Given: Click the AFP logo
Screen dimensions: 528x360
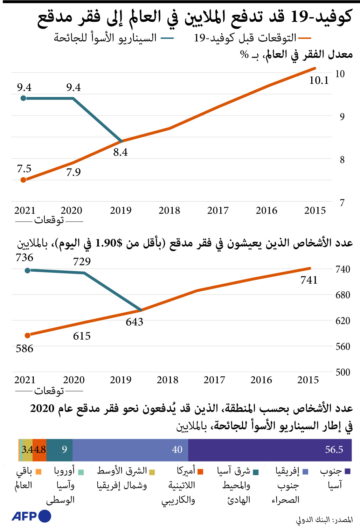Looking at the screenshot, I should point(31,516).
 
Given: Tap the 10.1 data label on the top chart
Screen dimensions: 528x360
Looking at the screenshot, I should point(319,81).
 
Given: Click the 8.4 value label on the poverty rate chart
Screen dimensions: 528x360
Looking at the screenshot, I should point(120,152).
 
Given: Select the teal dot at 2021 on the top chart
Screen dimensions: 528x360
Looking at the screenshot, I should point(23,98).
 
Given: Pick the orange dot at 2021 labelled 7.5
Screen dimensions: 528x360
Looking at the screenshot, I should point(23,180).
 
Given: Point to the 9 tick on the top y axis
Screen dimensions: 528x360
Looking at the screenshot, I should point(342,117).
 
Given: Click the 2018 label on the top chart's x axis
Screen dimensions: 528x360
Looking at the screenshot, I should point(169,210).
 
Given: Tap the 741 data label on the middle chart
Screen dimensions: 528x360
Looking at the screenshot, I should point(309,280).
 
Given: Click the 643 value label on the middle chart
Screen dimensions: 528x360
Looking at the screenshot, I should point(134,322).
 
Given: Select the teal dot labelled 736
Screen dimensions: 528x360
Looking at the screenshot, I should point(28,270).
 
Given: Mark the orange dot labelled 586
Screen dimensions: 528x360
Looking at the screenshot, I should point(28,335).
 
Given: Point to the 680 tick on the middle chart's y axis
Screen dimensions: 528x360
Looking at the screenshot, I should point(342,295).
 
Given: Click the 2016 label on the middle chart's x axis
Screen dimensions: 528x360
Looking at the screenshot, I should point(261,380).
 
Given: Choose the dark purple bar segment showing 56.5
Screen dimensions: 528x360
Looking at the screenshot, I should point(270,450).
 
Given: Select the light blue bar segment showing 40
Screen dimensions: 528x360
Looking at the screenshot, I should point(130,450).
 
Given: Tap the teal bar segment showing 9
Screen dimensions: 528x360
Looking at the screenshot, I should point(59,450).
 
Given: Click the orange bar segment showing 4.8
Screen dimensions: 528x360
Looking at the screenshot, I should point(39,450).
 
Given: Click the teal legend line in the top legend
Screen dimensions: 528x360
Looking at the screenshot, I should point(167,38).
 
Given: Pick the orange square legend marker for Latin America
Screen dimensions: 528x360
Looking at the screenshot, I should point(200,472).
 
